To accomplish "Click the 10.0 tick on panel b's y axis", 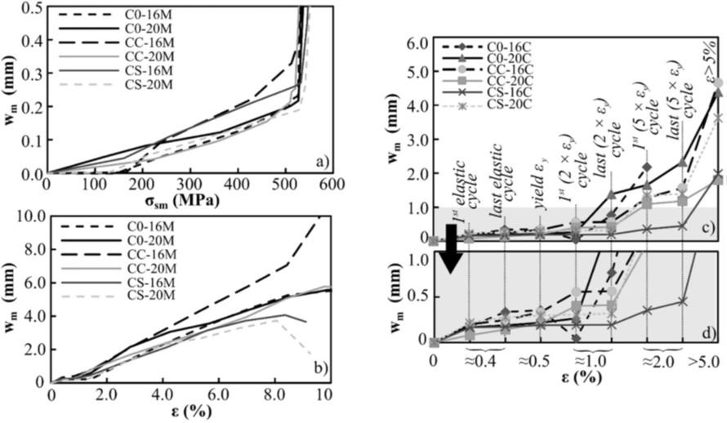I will point(28,216).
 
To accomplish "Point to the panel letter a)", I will point(320,163).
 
